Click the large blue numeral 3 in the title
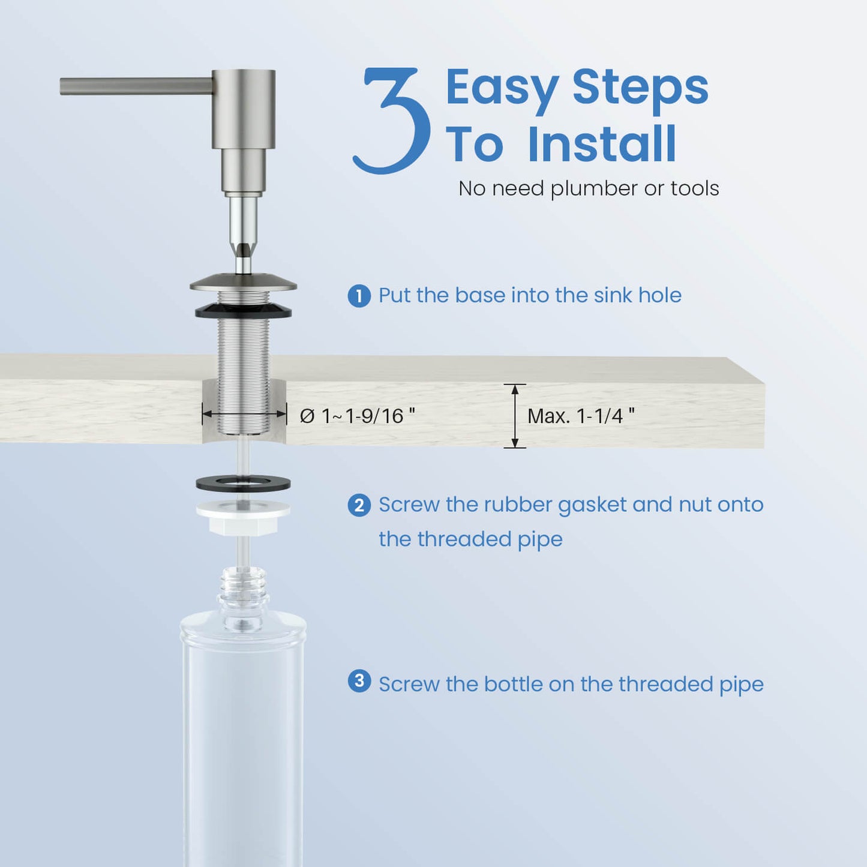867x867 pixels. [x=391, y=121]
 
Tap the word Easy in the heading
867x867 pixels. [x=503, y=90]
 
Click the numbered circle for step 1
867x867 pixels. [x=359, y=296]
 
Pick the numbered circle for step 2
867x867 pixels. [x=359, y=506]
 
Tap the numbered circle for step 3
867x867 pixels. [x=359, y=681]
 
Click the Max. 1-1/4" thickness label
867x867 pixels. [x=581, y=416]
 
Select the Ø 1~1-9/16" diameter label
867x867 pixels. [x=357, y=416]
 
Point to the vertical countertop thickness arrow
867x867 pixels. [x=515, y=416]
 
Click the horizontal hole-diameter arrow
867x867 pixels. [x=244, y=415]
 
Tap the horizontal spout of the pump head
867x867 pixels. [x=136, y=86]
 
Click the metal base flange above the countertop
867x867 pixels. [x=244, y=283]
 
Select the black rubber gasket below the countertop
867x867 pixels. [x=243, y=483]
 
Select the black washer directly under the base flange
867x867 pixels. [x=244, y=311]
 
